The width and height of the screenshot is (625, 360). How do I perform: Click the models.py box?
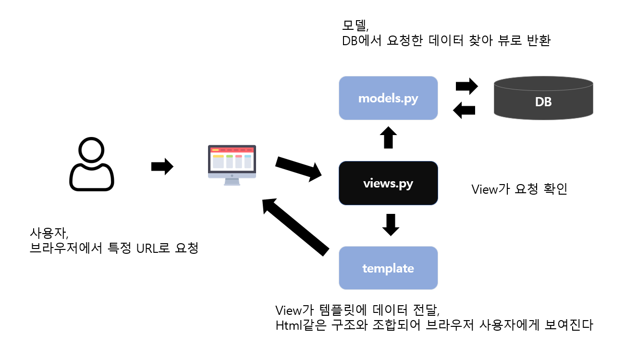click(388, 98)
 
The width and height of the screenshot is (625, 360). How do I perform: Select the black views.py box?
click(388, 183)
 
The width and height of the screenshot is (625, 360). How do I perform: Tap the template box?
click(388, 268)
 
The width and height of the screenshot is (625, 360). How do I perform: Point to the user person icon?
click(92, 164)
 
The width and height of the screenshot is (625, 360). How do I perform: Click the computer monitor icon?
click(232, 164)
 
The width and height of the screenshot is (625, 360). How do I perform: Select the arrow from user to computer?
click(162, 166)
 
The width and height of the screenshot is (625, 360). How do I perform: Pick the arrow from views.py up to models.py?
click(388, 137)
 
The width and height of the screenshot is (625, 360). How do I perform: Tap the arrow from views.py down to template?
click(391, 224)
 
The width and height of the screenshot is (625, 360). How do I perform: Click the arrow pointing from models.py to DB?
click(466, 87)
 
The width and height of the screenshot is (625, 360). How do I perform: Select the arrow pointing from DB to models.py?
click(465, 110)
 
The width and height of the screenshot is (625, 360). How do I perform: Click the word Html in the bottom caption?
click(287, 325)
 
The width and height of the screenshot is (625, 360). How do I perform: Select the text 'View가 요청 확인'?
click(519, 189)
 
